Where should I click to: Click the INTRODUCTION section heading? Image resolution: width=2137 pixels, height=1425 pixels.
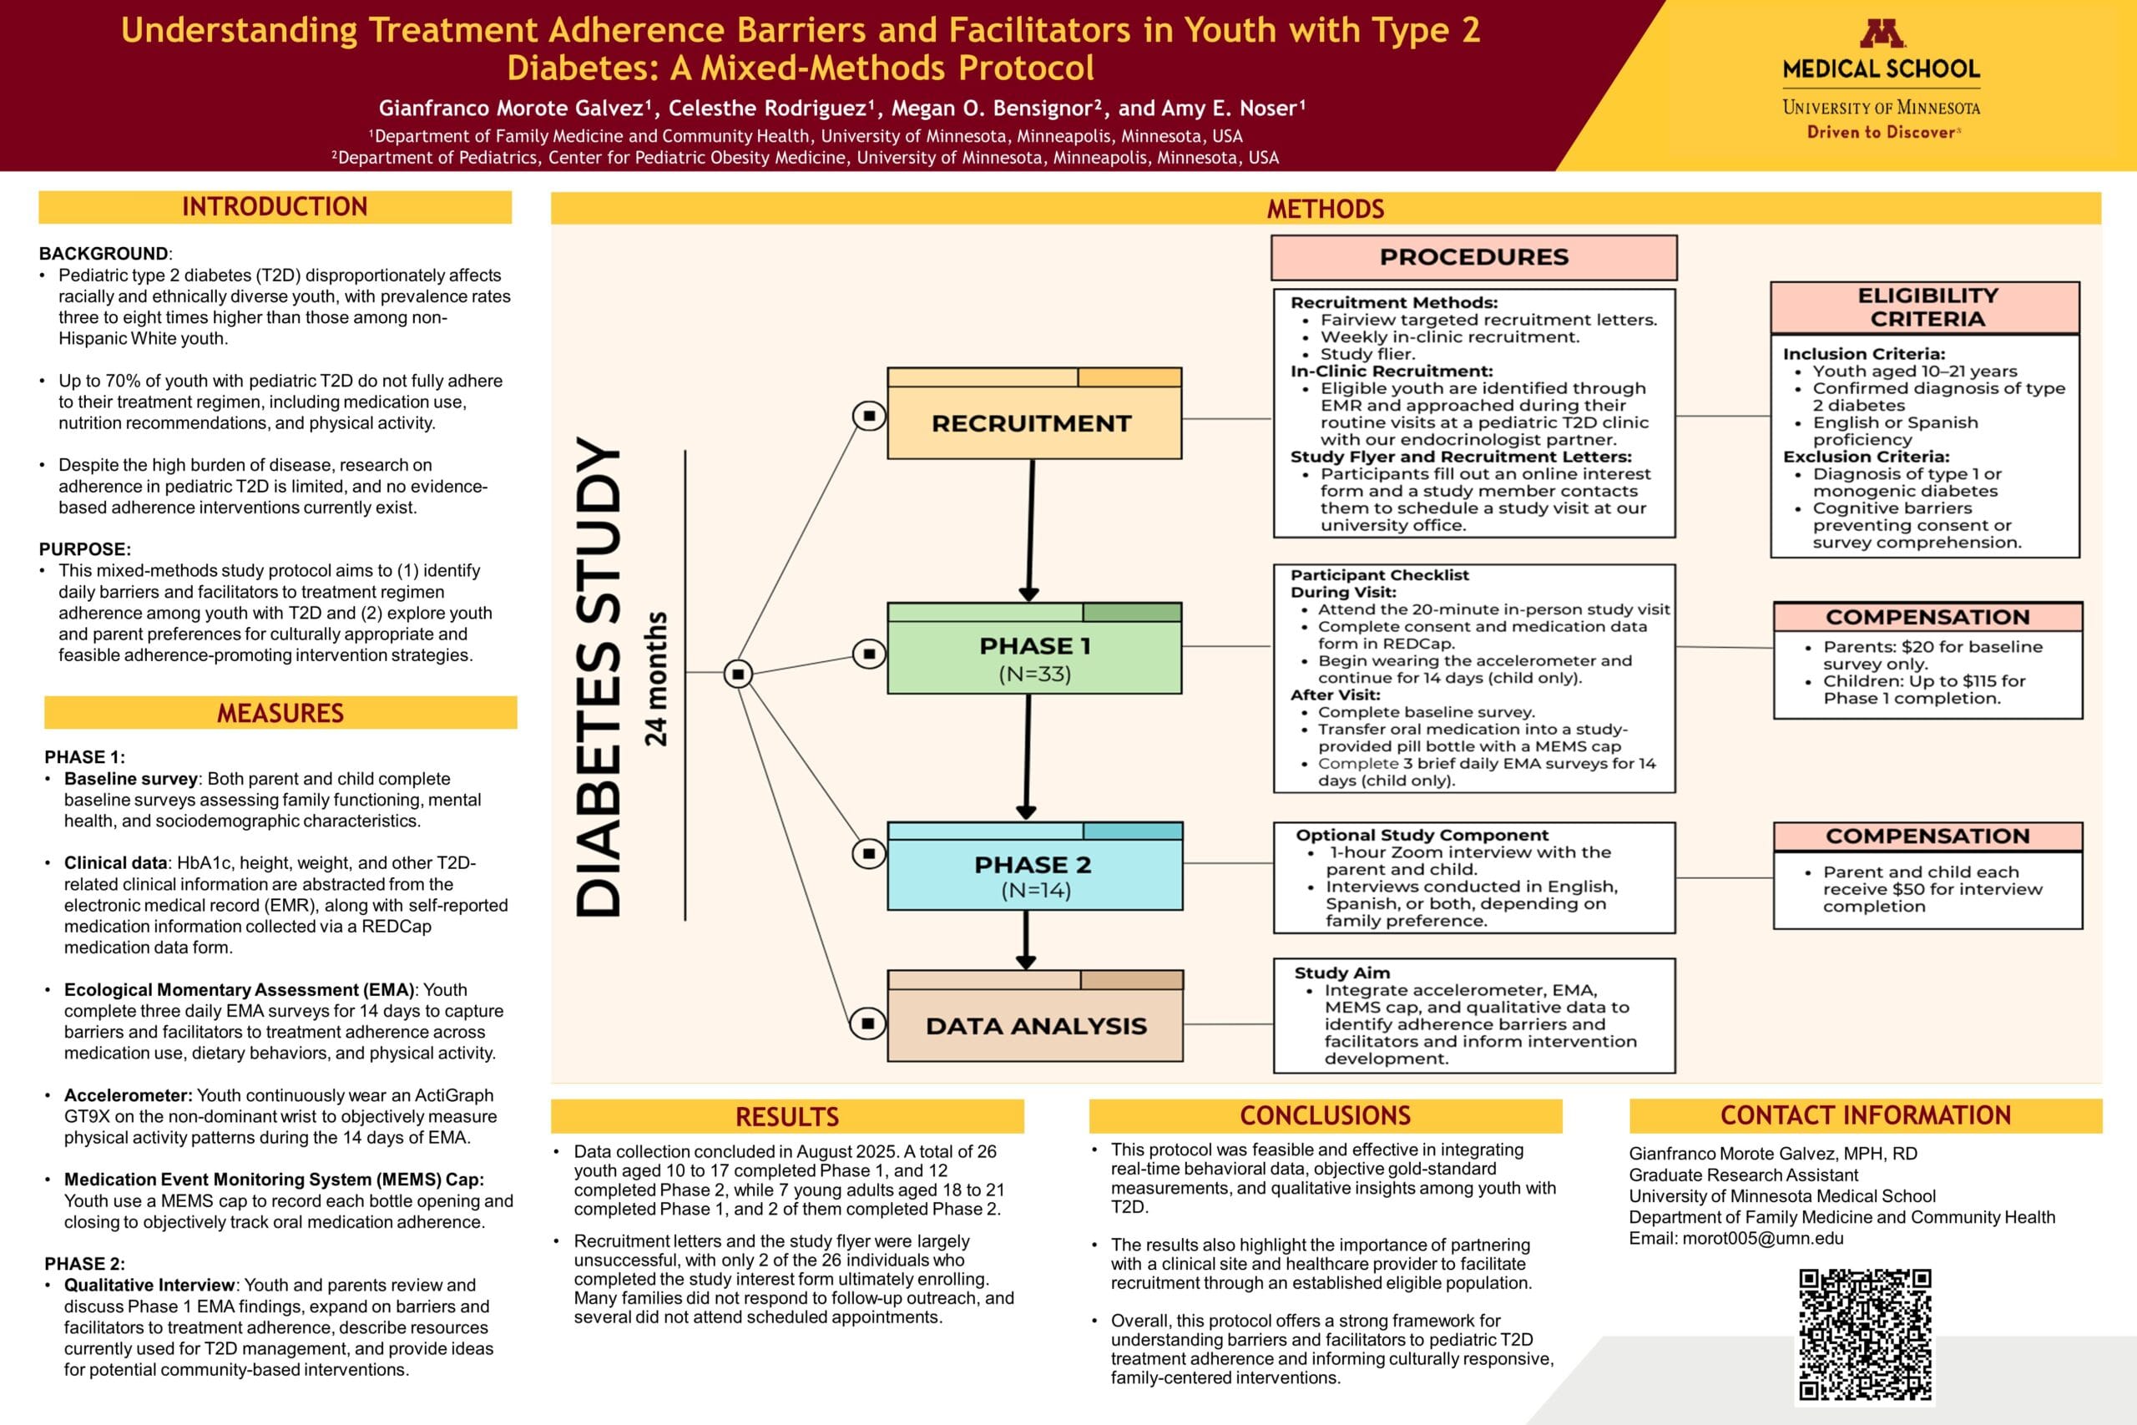point(275,207)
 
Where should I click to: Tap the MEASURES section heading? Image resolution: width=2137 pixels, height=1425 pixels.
point(280,714)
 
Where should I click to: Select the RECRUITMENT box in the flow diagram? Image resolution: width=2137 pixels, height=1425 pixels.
point(1034,422)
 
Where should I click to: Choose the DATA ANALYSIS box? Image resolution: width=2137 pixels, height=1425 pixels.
point(1035,1025)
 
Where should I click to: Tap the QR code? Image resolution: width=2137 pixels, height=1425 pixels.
point(1866,1334)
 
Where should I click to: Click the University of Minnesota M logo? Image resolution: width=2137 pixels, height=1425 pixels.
point(1882,33)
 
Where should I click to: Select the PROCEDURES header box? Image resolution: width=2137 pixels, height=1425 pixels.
point(1473,257)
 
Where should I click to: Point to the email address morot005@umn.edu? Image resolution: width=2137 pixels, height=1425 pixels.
point(1763,1238)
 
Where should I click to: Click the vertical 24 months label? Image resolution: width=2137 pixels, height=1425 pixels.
point(656,679)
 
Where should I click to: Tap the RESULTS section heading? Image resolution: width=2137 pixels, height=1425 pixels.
point(787,1116)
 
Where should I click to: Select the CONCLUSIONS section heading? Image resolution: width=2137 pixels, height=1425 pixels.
point(1325,1115)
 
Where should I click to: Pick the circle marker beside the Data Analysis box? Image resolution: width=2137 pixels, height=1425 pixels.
point(867,1023)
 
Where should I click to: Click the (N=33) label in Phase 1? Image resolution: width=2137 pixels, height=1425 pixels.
point(1034,674)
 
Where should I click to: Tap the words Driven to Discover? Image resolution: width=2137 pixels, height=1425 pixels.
point(1880,133)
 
